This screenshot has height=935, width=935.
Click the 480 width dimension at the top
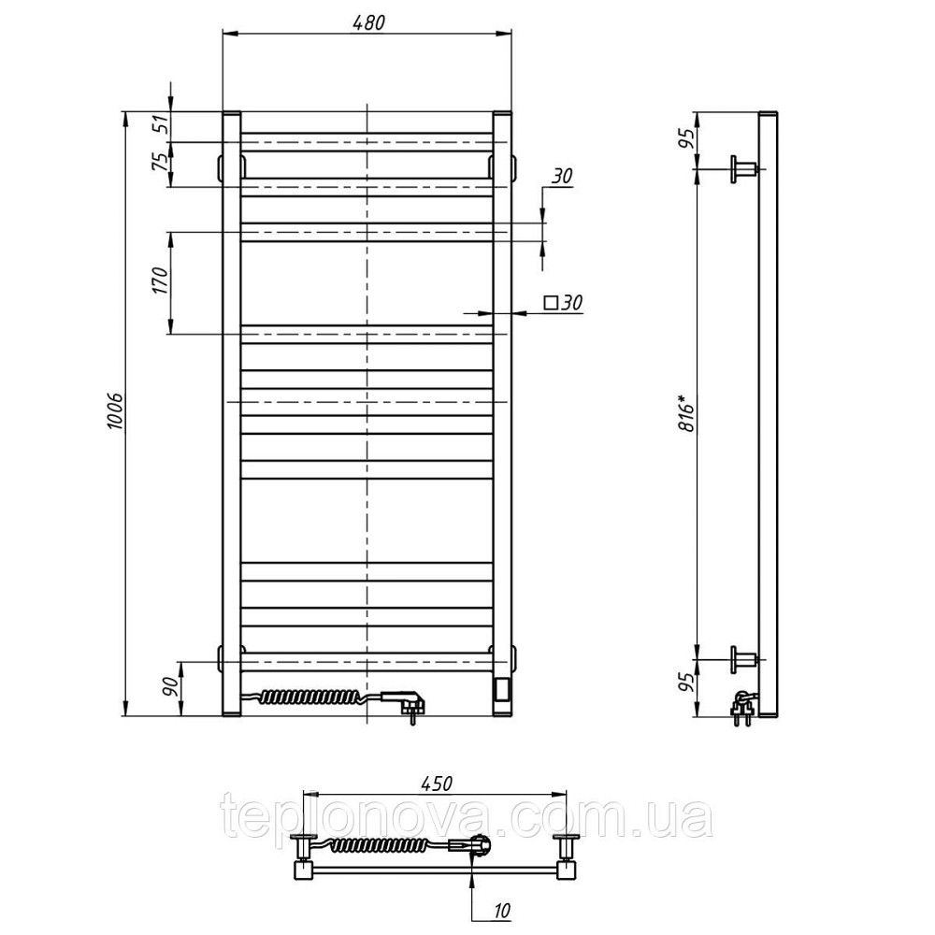click(368, 22)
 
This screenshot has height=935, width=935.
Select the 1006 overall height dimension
click(116, 411)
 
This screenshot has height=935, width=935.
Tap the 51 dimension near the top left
click(161, 126)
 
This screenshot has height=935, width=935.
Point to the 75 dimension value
click(161, 162)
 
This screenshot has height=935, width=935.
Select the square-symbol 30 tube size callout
click(563, 302)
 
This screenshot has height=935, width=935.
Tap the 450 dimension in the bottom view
click(437, 783)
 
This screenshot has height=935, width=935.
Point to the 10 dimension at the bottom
click(503, 910)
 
